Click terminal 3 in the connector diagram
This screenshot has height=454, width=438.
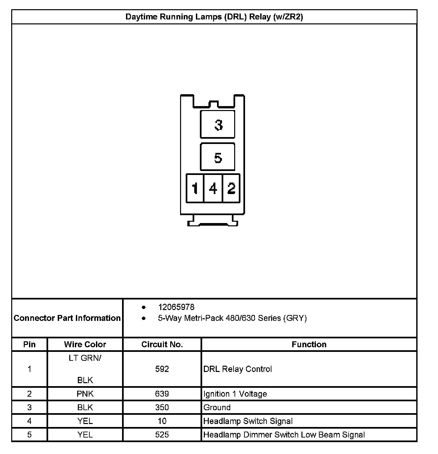point(218,125)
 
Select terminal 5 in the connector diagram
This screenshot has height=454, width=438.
point(218,157)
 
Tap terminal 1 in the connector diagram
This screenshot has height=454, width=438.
point(195,188)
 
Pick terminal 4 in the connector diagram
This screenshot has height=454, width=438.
point(213,188)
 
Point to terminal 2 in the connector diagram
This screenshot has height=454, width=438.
point(231,188)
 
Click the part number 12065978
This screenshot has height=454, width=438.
point(176,307)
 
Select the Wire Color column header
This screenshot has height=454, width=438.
point(85,344)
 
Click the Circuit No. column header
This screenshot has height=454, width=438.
point(162,344)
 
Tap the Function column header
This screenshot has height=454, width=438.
point(309,344)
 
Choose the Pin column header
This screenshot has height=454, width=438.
point(29,344)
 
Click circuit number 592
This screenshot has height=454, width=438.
point(162,369)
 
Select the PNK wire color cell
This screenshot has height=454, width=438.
point(85,394)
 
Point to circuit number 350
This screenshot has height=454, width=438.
point(162,408)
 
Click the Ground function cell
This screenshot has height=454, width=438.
point(217,408)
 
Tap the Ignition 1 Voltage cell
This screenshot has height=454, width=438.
point(235,394)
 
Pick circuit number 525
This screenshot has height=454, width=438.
point(162,435)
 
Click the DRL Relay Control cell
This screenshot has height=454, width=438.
point(237,369)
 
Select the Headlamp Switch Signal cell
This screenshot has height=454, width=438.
point(248,421)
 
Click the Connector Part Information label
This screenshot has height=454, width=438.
point(67,318)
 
